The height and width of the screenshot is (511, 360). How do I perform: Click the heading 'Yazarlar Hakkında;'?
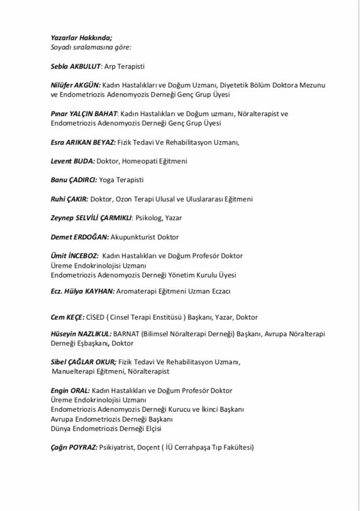(x=82, y=37)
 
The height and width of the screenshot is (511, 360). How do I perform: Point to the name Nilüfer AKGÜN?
(x=75, y=85)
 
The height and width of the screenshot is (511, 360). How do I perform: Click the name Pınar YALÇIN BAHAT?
(x=84, y=113)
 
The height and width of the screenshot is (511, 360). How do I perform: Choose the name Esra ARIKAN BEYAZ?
(x=83, y=142)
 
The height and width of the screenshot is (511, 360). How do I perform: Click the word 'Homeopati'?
(x=139, y=161)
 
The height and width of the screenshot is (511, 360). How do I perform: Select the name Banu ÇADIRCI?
(x=74, y=180)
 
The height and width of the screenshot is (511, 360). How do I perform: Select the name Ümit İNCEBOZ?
(x=74, y=255)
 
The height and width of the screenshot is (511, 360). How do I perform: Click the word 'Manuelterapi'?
(x=73, y=371)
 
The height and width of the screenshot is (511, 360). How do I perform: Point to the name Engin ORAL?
(x=70, y=390)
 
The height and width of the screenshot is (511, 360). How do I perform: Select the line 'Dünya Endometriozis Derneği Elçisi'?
(x=106, y=428)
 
